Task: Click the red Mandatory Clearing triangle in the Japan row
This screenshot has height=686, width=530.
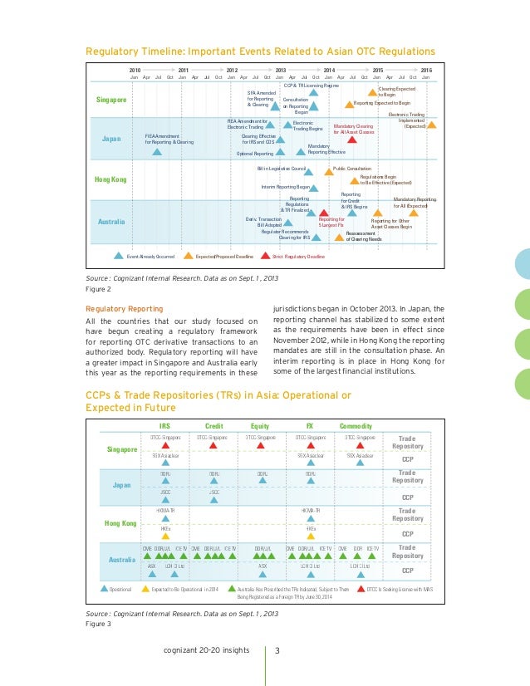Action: (351, 140)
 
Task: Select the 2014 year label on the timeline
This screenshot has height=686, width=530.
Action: (329, 71)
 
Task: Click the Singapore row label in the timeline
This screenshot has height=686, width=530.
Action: (111, 100)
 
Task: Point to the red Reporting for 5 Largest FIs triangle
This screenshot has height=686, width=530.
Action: (324, 213)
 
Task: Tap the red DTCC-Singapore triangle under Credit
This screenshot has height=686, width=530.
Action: (213, 444)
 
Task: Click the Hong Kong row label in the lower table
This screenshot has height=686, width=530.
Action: (120, 522)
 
